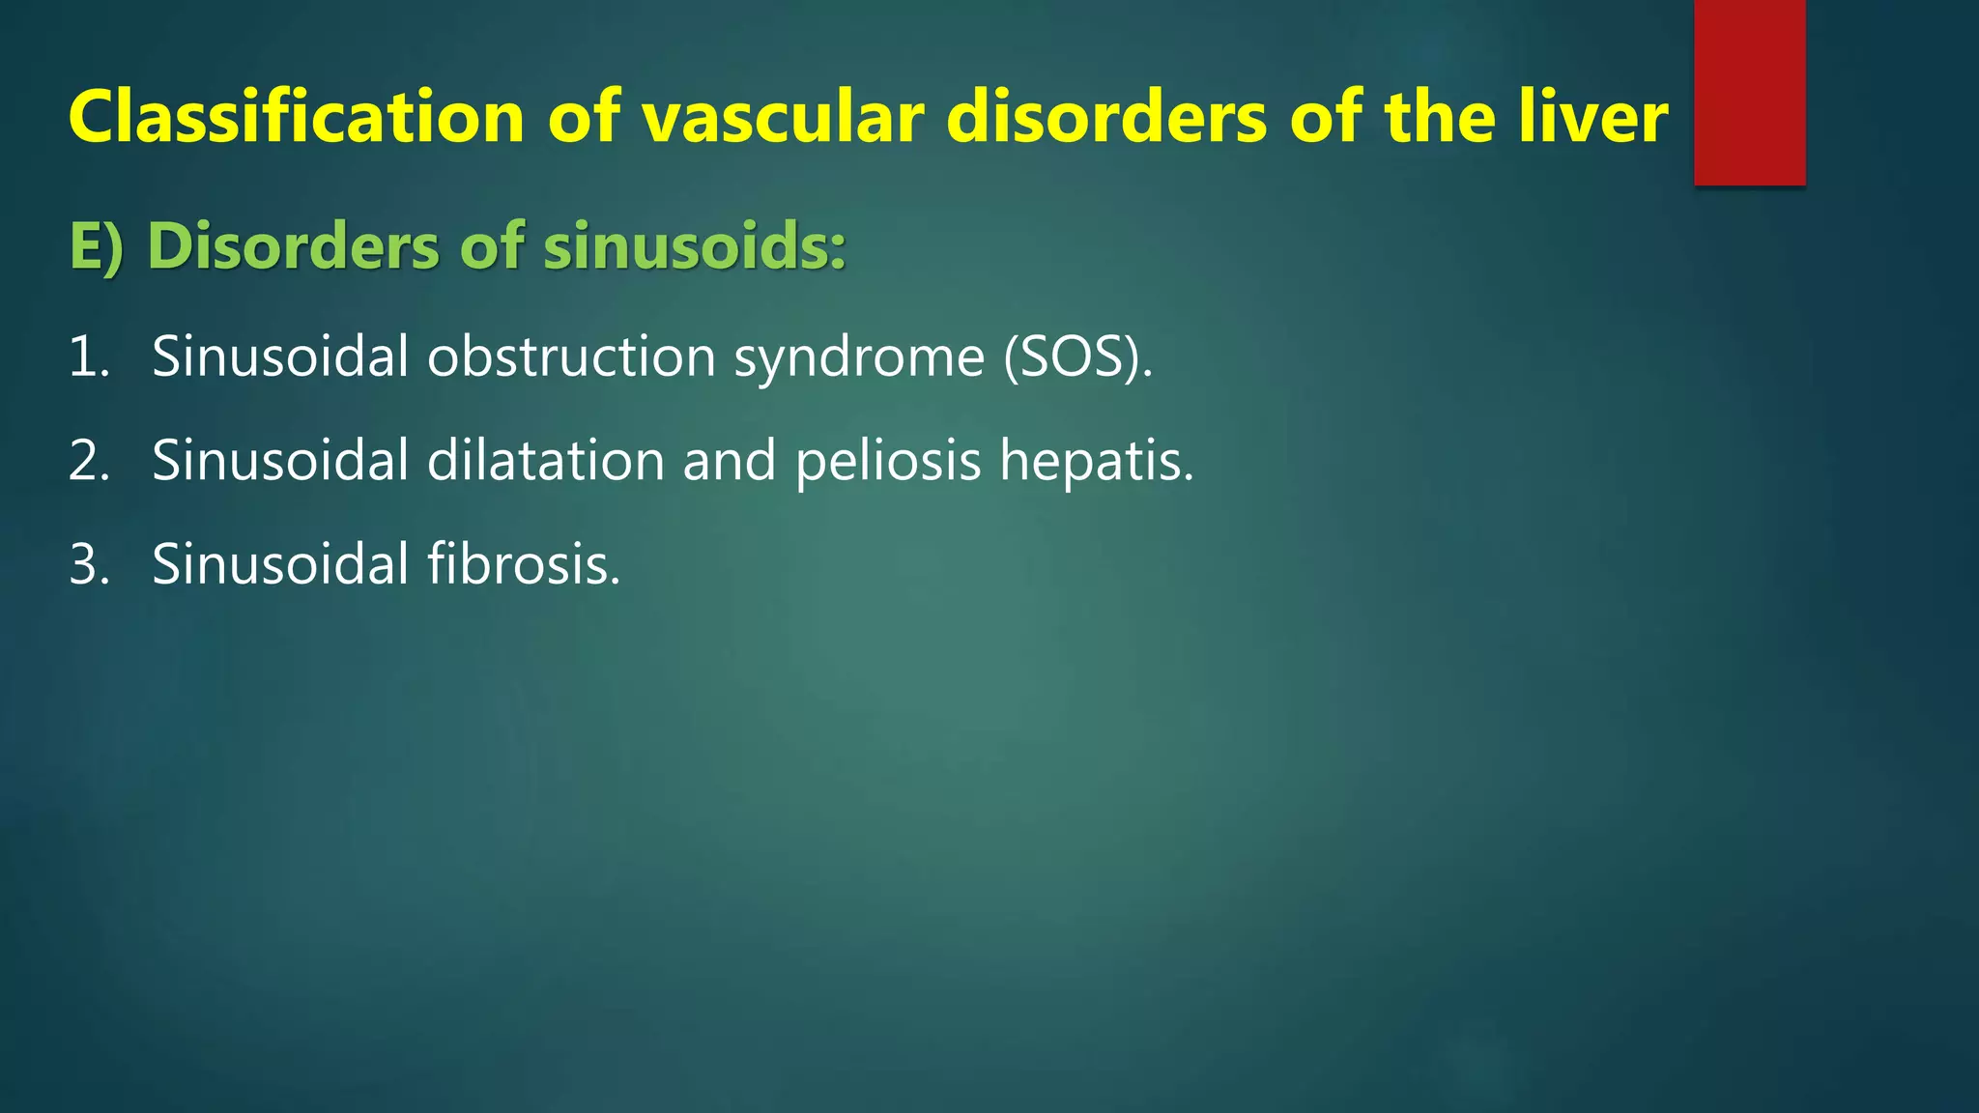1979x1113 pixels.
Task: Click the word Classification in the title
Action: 296,118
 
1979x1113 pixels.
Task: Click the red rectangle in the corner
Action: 1749,92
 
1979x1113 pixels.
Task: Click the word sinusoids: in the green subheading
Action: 694,246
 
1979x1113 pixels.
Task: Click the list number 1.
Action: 88,357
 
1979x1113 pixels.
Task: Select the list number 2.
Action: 88,460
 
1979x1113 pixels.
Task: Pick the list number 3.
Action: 88,564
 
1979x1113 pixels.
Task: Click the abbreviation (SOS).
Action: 1077,357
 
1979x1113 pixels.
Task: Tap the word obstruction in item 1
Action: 571,357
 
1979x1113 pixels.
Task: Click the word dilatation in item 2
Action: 545,460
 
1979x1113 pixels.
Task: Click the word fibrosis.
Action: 523,564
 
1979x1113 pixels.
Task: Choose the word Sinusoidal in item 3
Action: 280,564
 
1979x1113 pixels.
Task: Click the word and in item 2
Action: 729,460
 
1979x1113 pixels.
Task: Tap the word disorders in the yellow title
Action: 1106,118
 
